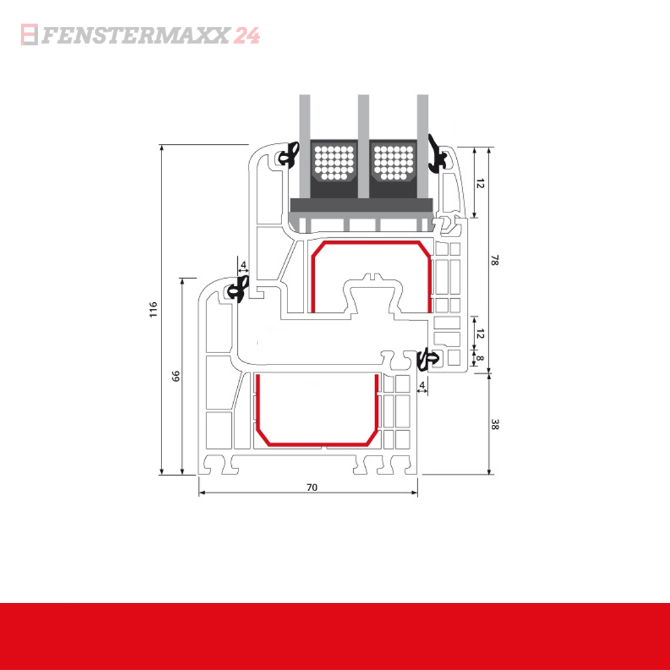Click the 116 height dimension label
pos(153,309)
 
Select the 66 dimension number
pos(176,376)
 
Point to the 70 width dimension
pos(311,487)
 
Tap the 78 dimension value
pos(495,261)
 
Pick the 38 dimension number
pos(495,424)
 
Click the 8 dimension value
pos(480,358)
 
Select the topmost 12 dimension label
pos(480,183)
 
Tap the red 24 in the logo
pos(247,35)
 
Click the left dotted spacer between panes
pos(334,163)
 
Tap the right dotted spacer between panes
pos(393,163)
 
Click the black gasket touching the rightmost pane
pos(438,156)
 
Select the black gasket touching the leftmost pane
pos(289,157)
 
